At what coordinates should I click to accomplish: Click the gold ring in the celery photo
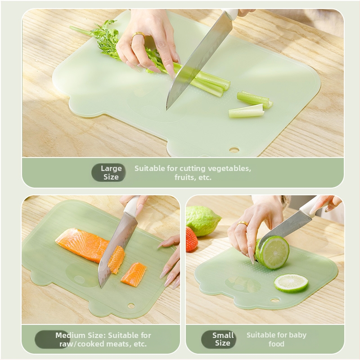click(x=139, y=35)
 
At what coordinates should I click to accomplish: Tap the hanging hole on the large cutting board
click(x=234, y=150)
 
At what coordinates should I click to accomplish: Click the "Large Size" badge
click(x=108, y=173)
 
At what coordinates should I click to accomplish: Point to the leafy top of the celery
click(x=104, y=39)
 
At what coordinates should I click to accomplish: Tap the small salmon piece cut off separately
click(x=134, y=274)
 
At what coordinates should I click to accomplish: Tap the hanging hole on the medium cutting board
click(x=131, y=306)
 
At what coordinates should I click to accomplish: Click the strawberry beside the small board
click(x=192, y=239)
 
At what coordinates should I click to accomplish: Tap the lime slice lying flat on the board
click(x=291, y=283)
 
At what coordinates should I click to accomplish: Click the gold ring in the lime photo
click(x=243, y=223)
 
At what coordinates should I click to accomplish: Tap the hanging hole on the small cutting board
click(x=275, y=300)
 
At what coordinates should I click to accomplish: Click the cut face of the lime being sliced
click(x=274, y=252)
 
